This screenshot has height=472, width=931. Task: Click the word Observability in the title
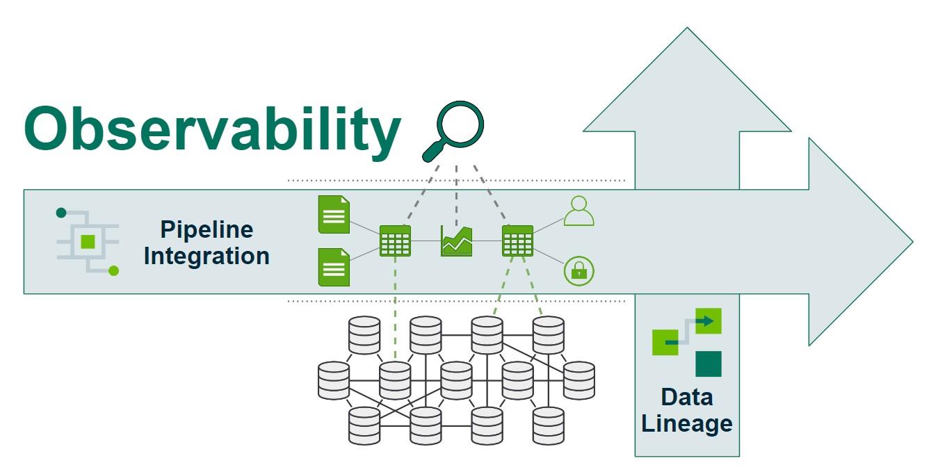pos(213,129)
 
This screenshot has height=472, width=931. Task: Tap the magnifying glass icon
pos(454,131)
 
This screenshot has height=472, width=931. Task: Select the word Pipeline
pos(207,229)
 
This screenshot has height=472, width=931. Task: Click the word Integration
pos(207,256)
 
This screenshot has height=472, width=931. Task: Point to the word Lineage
pos(686,423)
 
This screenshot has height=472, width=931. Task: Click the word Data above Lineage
pos(686,397)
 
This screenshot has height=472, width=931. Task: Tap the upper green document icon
pos(334,215)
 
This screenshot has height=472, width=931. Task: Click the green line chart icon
pos(456,241)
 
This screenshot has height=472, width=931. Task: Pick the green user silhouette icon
pos(578,211)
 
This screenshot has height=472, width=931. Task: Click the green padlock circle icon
pos(578,270)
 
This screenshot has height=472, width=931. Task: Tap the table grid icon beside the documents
pos(395,241)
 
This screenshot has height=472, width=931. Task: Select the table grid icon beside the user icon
pos(517,241)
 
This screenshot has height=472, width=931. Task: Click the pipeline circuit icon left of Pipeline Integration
pos(88,241)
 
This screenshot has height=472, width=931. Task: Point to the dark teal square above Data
pos(709,364)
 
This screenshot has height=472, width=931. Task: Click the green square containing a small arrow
pos(708,321)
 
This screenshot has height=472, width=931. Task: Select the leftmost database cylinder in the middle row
pos(333,380)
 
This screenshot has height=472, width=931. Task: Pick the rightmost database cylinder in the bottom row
pos(548,425)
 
